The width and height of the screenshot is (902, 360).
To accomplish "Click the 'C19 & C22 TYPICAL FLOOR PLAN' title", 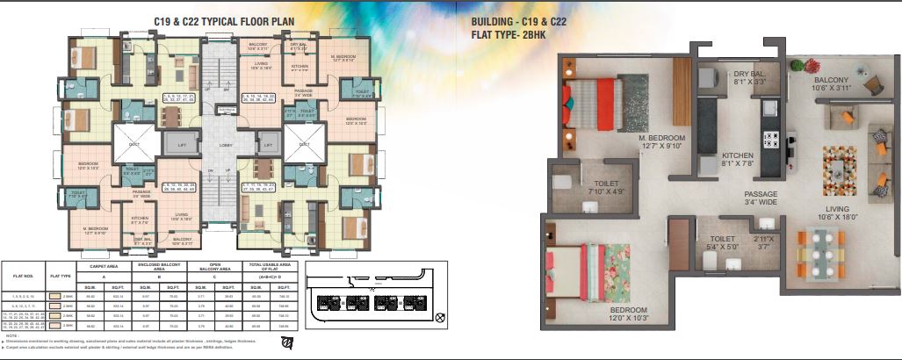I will (x=225, y=20).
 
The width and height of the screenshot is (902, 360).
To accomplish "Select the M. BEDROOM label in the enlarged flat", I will (x=665, y=143).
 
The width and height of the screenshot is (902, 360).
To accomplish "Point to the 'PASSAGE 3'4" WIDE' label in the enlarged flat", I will (x=761, y=198).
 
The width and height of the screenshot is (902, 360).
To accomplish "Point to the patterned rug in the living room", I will (x=839, y=169).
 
